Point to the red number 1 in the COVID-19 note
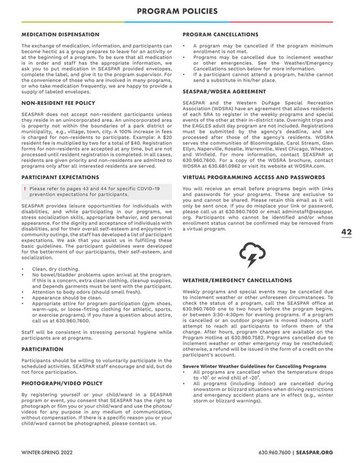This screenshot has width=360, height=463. point(25,188)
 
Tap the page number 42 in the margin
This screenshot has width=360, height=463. point(346,231)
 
